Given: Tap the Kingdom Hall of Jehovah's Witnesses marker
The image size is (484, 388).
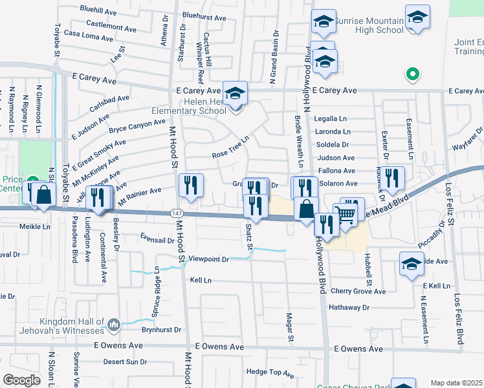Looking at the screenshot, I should tap(114, 324).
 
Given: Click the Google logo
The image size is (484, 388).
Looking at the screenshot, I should tap(22, 380).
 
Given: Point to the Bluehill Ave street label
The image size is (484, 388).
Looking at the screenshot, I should tap(98, 10).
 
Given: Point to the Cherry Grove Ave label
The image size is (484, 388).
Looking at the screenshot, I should tap(358, 291).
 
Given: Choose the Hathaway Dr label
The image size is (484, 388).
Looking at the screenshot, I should tap(347, 308).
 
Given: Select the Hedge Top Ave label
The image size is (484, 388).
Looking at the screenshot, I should tap(270, 372).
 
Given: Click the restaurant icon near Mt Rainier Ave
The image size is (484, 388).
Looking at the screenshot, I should tap(191, 184).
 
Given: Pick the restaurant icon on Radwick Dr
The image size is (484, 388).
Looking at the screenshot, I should tap(391, 177).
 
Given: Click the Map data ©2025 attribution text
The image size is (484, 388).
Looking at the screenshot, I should tap(456, 383).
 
